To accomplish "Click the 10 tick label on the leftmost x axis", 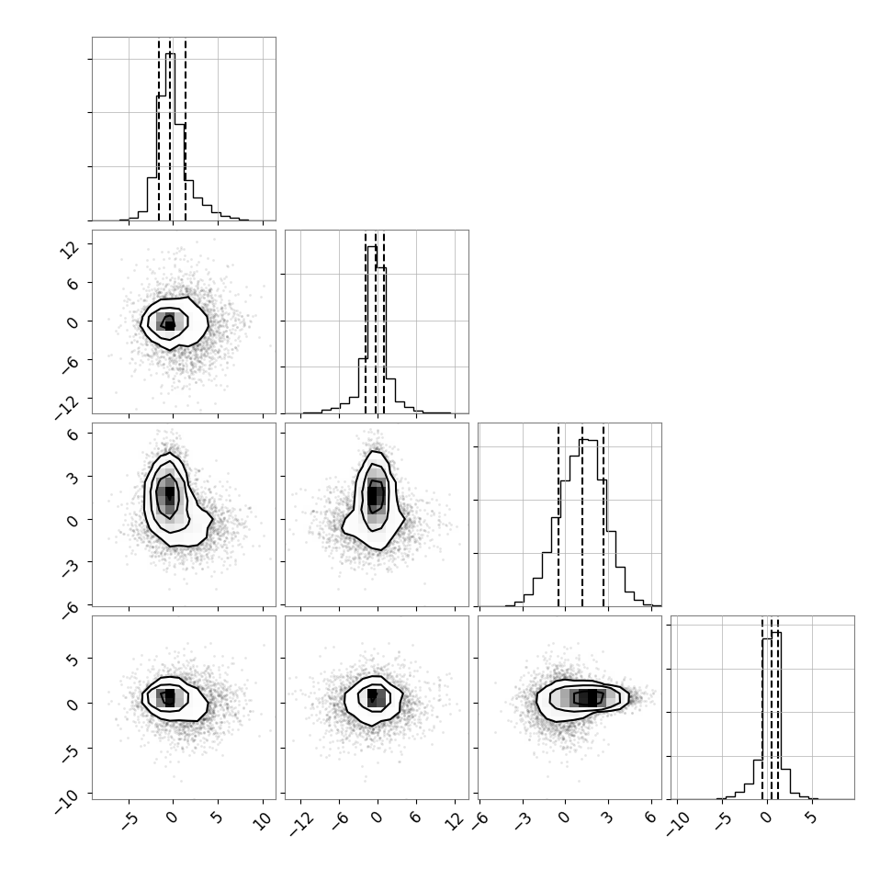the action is pyautogui.click(x=262, y=820).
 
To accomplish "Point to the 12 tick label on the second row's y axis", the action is pyautogui.click(x=69, y=249).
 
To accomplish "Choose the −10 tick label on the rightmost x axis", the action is pyautogui.click(x=677, y=823).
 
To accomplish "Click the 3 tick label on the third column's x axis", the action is pyautogui.click(x=607, y=818).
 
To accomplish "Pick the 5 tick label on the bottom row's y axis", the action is pyautogui.click(x=73, y=660).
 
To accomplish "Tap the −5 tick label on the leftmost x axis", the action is pyautogui.click(x=129, y=820).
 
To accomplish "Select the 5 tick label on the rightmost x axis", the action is pyautogui.click(x=811, y=818).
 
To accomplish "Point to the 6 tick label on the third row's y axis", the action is pyautogui.click(x=73, y=434).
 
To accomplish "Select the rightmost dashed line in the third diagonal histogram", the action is pyautogui.click(x=603, y=516).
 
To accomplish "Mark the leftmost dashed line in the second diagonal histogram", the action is pyautogui.click(x=366, y=323).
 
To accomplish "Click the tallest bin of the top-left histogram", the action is pyautogui.click(x=171, y=137).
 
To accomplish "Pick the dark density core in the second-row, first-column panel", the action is pyautogui.click(x=169, y=323).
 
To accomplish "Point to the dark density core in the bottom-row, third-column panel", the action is pyautogui.click(x=588, y=697).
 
